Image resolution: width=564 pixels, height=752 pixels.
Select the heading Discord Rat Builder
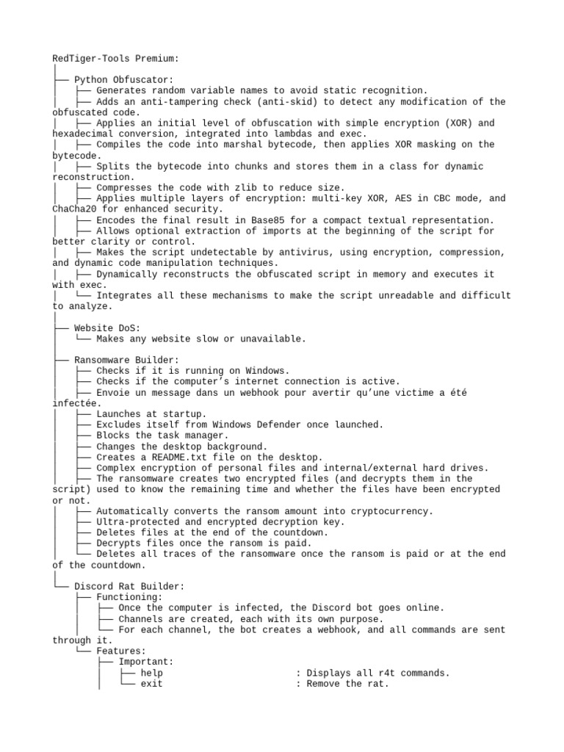tap(129, 586)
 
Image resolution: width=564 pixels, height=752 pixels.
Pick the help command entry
tap(151, 673)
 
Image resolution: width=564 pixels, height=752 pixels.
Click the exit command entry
tap(151, 684)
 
